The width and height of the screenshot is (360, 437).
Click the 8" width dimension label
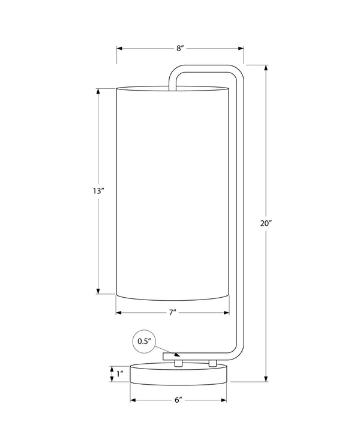[180, 48]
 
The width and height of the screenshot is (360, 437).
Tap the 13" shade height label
[98, 191]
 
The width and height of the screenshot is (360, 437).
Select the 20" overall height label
[266, 223]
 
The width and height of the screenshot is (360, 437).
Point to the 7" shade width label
[173, 313]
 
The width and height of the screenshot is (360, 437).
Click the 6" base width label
[178, 400]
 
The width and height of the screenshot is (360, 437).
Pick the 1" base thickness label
[120, 374]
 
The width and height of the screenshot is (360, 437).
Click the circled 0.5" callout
[145, 342]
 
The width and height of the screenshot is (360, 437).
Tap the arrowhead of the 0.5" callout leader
[177, 355]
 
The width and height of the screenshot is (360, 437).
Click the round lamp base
[178, 374]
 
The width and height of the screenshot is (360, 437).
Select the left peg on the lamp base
[178, 363]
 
